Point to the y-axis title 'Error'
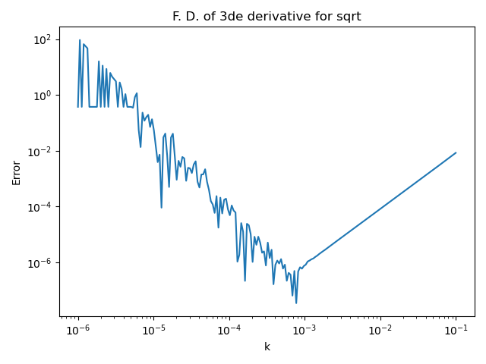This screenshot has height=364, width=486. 17,172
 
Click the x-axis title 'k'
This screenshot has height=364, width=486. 267,347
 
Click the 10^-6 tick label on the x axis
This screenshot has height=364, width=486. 77,330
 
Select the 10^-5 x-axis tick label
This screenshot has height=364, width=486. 153,330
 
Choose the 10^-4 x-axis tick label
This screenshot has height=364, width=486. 229,330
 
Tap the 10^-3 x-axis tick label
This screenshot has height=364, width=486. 305,330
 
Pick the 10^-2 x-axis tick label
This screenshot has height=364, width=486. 380,330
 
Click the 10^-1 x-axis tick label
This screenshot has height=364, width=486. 456,330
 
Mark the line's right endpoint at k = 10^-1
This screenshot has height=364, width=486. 456,152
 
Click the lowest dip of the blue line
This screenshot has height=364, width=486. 296,303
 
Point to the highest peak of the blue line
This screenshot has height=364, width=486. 80,40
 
